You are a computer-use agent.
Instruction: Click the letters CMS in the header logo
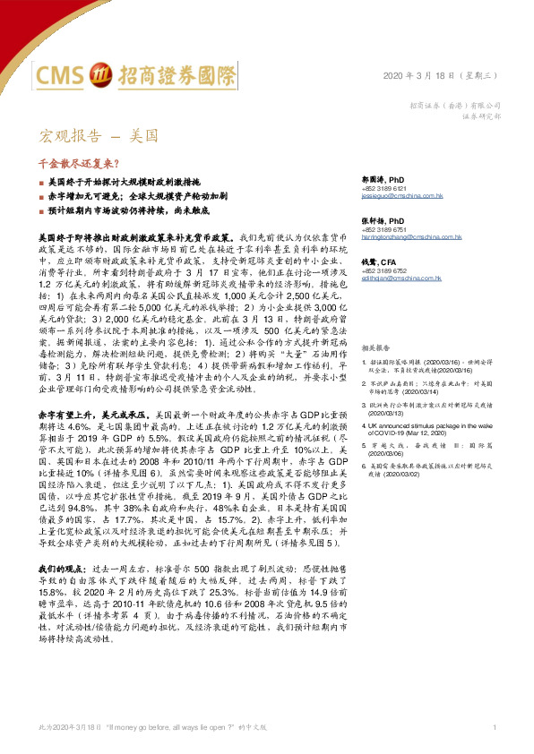[x=67, y=73]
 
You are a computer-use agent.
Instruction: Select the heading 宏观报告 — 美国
[x=99, y=137]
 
